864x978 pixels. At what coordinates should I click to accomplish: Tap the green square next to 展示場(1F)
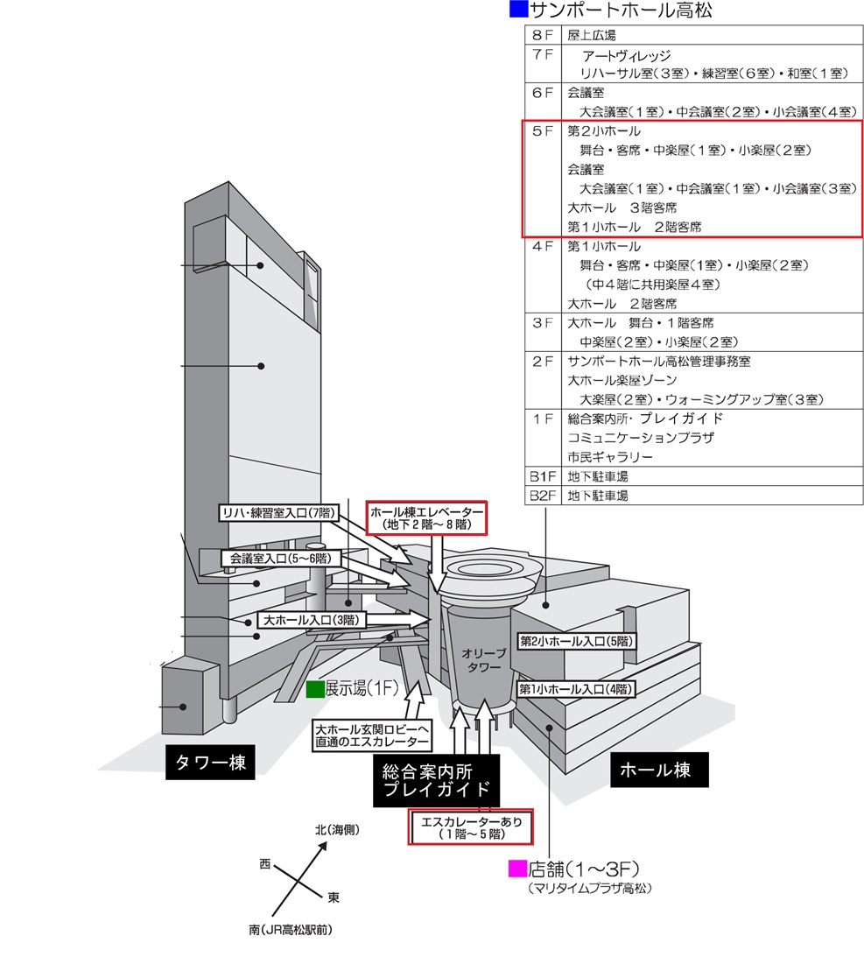[315, 689]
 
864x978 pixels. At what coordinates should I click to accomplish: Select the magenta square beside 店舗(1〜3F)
[517, 869]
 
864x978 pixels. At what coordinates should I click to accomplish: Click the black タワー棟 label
[207, 763]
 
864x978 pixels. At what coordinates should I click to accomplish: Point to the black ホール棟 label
[655, 770]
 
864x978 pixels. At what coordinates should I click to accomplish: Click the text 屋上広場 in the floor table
[592, 36]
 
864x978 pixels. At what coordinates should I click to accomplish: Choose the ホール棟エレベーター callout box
[426, 517]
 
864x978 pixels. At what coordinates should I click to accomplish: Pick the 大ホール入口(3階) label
[313, 619]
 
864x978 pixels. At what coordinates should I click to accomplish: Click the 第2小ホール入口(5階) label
[575, 641]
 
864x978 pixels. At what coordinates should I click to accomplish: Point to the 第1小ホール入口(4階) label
[575, 688]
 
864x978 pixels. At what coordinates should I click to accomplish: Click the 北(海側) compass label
[338, 829]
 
